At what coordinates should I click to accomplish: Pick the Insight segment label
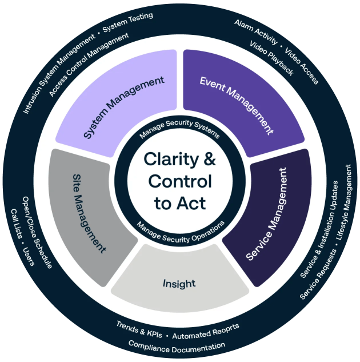pyautogui.click(x=179, y=283)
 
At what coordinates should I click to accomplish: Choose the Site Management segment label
pyautogui.click(x=90, y=213)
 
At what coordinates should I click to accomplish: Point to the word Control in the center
pyautogui.click(x=180, y=181)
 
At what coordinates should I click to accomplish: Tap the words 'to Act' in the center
pyautogui.click(x=179, y=203)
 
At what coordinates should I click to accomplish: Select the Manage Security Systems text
pyautogui.click(x=179, y=132)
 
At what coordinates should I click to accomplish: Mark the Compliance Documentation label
pyautogui.click(x=177, y=345)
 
